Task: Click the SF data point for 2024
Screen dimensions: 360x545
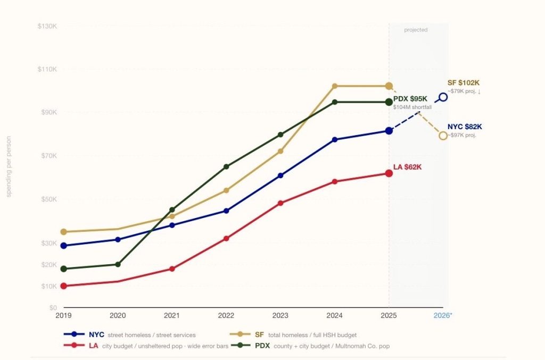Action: click(x=335, y=86)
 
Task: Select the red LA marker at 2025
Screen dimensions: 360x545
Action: click(x=389, y=173)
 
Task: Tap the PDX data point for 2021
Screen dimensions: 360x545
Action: click(x=172, y=210)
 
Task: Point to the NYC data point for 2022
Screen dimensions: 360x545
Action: click(x=226, y=211)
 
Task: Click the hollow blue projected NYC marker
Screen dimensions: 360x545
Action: click(x=443, y=97)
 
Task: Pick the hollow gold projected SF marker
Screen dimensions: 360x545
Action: click(x=443, y=136)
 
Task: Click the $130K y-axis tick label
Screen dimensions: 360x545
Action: click(x=47, y=26)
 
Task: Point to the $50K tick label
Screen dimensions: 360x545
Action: click(x=47, y=199)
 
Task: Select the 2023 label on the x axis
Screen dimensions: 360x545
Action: click(x=280, y=315)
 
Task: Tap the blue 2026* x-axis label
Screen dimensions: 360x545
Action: click(x=443, y=315)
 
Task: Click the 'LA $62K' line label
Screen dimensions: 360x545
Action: click(x=407, y=167)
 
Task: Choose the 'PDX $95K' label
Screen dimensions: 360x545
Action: click(x=410, y=99)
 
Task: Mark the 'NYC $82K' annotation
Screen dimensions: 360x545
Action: click(x=465, y=127)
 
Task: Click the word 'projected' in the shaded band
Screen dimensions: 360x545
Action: click(x=416, y=30)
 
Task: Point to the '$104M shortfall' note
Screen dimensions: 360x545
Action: click(x=412, y=107)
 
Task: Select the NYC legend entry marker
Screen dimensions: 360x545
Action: click(x=75, y=335)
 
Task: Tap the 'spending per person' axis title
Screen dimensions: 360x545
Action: click(x=9, y=166)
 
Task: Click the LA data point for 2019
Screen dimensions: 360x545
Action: click(x=64, y=286)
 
